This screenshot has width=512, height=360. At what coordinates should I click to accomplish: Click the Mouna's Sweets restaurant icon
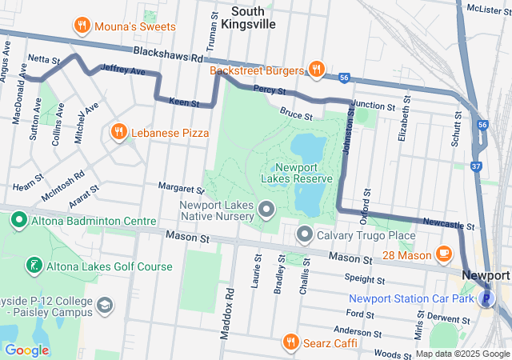pyautogui.click(x=81, y=26)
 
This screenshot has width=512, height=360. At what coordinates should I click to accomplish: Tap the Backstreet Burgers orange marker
pyautogui.click(x=317, y=70)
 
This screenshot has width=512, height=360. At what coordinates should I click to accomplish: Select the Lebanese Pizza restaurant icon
pyautogui.click(x=118, y=131)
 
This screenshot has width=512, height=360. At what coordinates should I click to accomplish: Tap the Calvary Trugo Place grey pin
pyautogui.click(x=305, y=235)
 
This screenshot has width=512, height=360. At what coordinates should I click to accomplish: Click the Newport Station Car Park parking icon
pyautogui.click(x=485, y=299)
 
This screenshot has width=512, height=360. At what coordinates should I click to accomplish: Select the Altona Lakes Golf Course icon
pyautogui.click(x=33, y=266)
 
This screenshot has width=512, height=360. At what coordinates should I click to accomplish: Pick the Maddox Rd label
pyautogui.click(x=230, y=305)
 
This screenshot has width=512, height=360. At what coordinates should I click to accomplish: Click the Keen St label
pyautogui.click(x=184, y=103)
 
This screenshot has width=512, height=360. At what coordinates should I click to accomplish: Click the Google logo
pyautogui.click(x=26, y=350)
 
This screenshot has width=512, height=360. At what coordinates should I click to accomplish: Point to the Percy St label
pyautogui.click(x=270, y=90)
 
